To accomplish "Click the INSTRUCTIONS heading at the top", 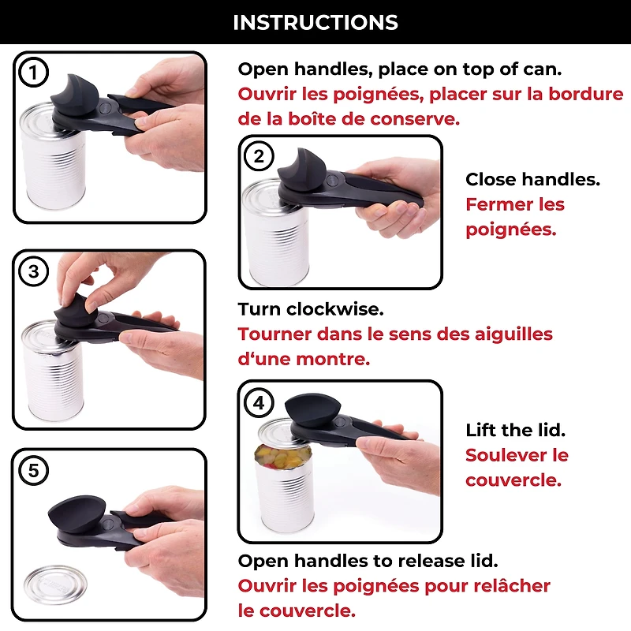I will tap(315, 22).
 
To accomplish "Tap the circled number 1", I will tap(33, 73).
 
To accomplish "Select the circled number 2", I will tap(259, 156).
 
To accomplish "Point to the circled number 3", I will tap(33, 272).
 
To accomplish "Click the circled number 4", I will tap(259, 403).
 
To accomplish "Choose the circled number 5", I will tap(33, 471).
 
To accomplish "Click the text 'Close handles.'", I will tap(532, 180).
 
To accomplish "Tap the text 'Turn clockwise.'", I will tap(311, 309).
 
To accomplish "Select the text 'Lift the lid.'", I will tap(515, 430).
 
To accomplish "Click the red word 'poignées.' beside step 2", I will tap(510, 230).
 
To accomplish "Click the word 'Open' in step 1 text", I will tap(261, 69).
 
